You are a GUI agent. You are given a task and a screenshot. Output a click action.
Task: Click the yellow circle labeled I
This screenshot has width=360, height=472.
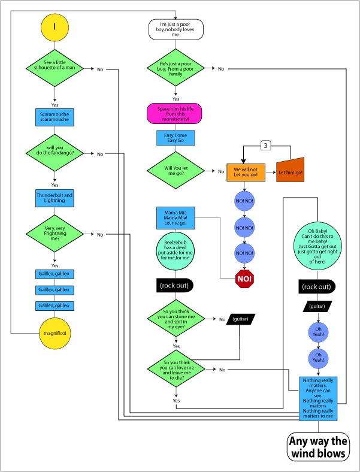(x=55, y=28)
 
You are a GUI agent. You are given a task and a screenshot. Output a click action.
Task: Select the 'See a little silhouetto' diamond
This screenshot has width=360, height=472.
(x=55, y=68)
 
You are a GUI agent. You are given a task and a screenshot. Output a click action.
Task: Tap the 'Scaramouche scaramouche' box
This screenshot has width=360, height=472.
(x=55, y=117)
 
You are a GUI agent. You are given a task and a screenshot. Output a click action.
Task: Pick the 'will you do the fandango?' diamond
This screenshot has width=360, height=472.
(x=55, y=153)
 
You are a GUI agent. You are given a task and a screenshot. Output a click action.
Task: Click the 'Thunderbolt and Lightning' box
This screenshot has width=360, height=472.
(x=55, y=198)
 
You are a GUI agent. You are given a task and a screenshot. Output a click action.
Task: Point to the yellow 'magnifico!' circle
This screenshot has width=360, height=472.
(x=55, y=333)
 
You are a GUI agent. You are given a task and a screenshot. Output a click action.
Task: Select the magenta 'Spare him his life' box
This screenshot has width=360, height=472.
(x=174, y=114)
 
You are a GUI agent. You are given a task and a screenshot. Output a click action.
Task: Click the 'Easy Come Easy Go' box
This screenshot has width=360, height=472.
(x=176, y=138)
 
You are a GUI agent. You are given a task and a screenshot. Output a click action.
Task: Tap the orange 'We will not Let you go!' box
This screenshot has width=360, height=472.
(x=246, y=173)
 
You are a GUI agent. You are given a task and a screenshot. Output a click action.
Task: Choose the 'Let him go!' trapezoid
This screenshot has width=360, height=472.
(x=290, y=170)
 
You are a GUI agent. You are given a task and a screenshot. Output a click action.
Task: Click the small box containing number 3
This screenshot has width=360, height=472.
(x=265, y=146)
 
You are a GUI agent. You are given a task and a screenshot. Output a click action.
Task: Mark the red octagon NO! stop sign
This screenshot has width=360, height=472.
(x=245, y=279)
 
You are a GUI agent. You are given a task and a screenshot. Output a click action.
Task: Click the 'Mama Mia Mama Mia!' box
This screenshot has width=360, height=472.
(x=176, y=217)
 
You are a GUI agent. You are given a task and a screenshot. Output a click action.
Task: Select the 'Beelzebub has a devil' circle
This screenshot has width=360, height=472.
(x=176, y=250)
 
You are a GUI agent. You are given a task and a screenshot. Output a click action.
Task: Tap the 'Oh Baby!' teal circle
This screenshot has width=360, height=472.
(x=318, y=246)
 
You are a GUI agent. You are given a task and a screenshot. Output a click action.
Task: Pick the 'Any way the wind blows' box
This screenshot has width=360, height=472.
(x=319, y=447)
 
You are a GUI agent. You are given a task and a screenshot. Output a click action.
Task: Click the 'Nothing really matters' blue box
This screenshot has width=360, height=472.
(x=318, y=398)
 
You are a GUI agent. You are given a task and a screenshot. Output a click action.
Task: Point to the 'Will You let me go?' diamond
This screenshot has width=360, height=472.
(x=176, y=170)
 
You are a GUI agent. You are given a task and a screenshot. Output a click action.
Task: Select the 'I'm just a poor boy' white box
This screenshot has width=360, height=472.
(x=176, y=29)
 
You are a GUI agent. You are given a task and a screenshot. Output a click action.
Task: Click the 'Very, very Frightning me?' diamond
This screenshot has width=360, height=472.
(x=55, y=234)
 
